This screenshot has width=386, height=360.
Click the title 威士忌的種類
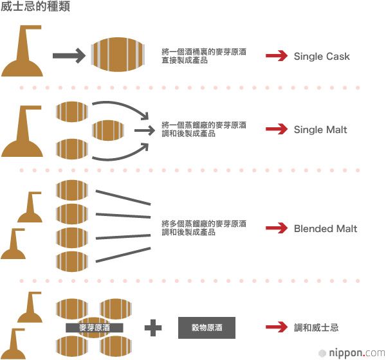35,8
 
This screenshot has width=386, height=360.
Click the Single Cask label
322,57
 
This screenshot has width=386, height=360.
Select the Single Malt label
320,130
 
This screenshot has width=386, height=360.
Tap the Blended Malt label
326,229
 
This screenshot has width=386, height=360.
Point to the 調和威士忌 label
316,328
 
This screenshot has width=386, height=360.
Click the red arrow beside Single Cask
277,57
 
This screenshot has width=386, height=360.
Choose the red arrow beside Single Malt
277,130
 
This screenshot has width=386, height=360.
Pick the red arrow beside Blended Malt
277,229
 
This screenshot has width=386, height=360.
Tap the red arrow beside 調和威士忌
277,328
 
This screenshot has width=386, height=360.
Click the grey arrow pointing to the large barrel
68,57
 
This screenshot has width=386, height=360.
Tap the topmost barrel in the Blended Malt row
72,190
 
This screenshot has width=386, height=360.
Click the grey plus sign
153,328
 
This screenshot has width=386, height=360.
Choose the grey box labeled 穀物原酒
207,328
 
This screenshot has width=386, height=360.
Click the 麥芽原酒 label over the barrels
95,328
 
